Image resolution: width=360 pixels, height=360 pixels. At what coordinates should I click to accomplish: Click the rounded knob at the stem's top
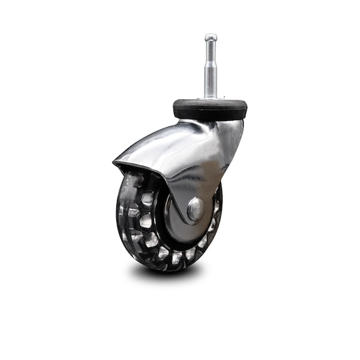pyautogui.click(x=210, y=38)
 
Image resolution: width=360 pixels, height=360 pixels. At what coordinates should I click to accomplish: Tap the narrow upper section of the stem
pyautogui.click(x=210, y=51)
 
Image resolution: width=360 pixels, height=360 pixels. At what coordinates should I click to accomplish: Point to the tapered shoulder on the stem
pyautogui.click(x=210, y=64)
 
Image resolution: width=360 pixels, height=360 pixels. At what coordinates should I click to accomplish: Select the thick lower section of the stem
pyautogui.click(x=210, y=81)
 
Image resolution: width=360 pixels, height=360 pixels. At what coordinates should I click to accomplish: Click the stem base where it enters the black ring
pyautogui.click(x=210, y=98)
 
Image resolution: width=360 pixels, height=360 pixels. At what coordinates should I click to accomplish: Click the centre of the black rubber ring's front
pyautogui.click(x=210, y=113)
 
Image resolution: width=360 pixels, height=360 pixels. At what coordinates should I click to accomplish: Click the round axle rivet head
pyautogui.click(x=195, y=209)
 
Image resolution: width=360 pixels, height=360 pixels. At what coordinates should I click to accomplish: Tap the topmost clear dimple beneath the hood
pyautogui.click(x=136, y=180)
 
